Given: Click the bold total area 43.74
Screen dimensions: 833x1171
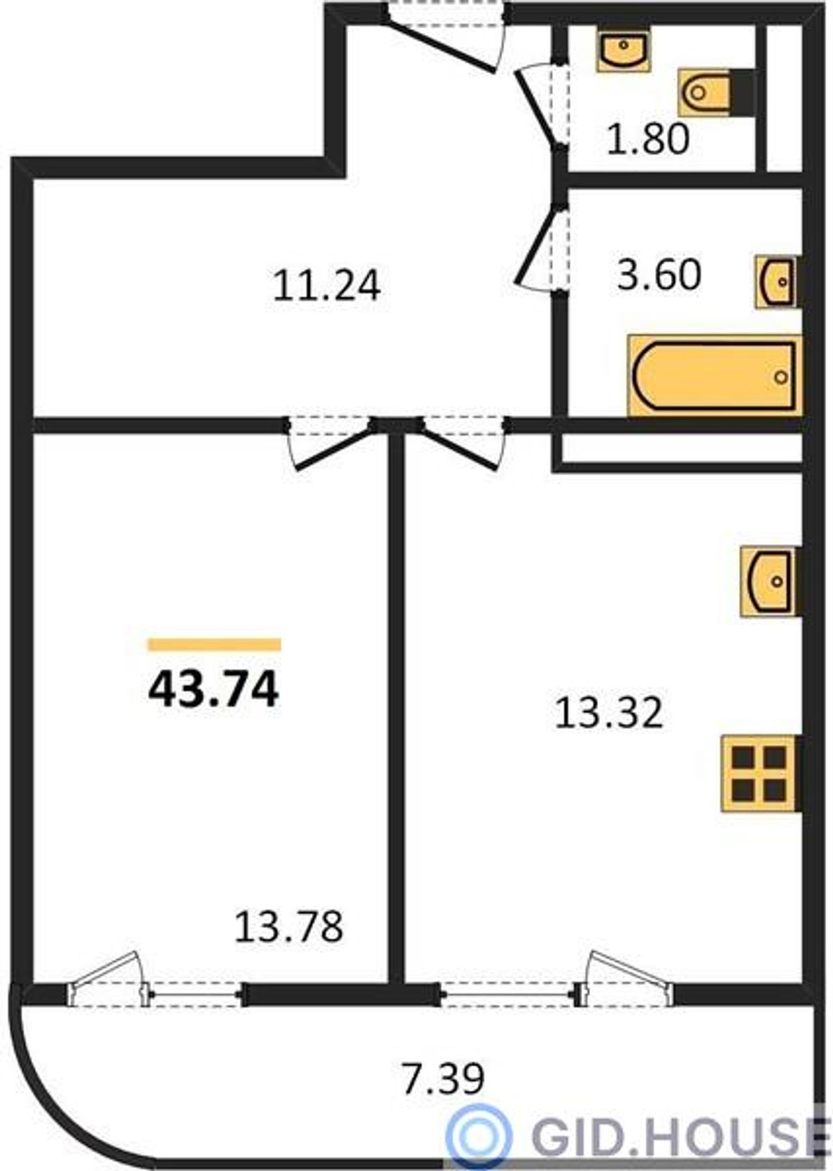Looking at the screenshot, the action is pos(213,689).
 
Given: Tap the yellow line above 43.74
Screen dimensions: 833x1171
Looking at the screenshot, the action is pos(214,644).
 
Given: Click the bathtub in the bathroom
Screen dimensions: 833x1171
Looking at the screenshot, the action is pos(714,376).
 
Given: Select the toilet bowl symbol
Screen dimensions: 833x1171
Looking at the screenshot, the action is pos(716,92).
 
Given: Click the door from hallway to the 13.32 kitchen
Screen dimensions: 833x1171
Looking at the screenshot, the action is pos(462,443).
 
